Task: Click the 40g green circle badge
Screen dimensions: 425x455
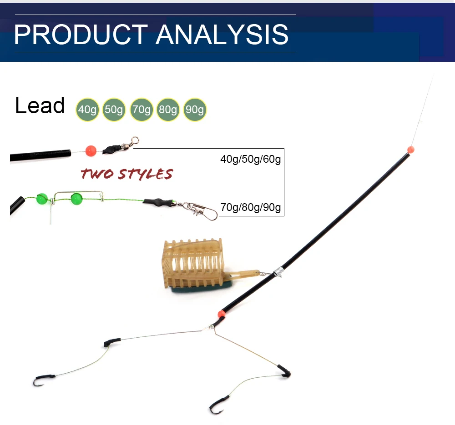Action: pyautogui.click(x=87, y=110)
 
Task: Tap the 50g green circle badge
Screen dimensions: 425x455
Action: pyautogui.click(x=114, y=110)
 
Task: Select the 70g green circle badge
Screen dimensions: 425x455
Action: pyautogui.click(x=141, y=110)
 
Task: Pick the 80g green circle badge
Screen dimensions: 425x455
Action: pyautogui.click(x=168, y=110)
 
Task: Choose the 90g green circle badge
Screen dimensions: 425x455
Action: pyautogui.click(x=195, y=110)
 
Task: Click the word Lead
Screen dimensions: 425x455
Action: pyautogui.click(x=40, y=105)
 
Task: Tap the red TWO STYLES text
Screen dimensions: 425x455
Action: pyautogui.click(x=126, y=174)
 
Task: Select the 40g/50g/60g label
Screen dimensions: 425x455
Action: pyautogui.click(x=250, y=160)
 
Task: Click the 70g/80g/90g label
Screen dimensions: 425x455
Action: pyautogui.click(x=250, y=208)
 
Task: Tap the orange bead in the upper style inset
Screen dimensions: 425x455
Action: pyautogui.click(x=91, y=150)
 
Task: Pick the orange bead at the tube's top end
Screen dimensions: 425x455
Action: pyautogui.click(x=410, y=149)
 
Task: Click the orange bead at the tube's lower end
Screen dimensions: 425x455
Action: pyautogui.click(x=222, y=314)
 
